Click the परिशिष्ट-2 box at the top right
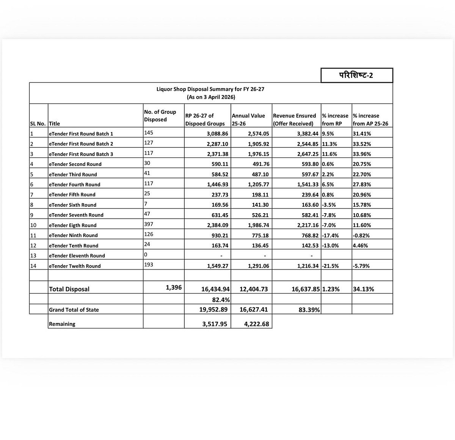(356, 75)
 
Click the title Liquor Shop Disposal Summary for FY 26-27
(210, 89)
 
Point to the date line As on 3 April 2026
(211, 97)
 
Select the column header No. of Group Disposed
(160, 116)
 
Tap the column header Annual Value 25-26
(248, 119)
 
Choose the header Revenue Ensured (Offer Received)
(295, 119)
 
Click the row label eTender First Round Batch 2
(81, 144)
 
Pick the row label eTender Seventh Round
(76, 215)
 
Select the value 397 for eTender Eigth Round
(149, 225)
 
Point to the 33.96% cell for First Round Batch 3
(362, 154)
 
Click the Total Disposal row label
(69, 289)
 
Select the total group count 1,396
(174, 288)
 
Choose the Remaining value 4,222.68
(254, 324)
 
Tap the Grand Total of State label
(74, 310)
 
